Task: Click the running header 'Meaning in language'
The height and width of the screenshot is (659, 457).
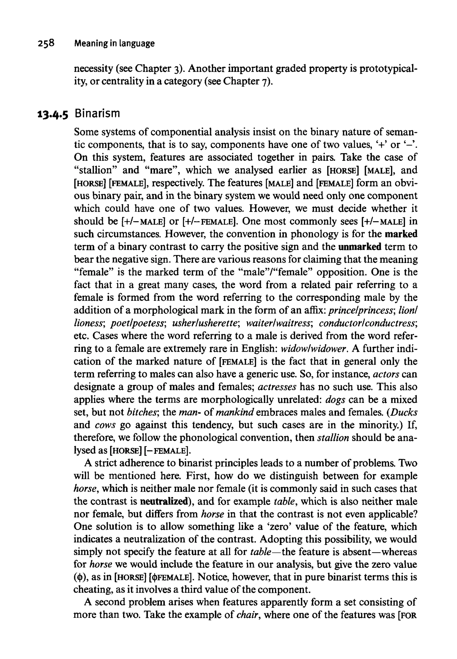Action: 114,44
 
